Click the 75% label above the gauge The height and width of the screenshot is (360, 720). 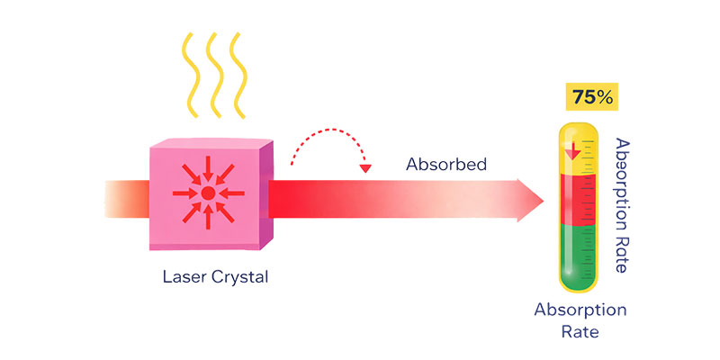tap(591, 96)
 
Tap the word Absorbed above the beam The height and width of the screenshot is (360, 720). tap(446, 164)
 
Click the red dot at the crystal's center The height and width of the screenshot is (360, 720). tap(208, 193)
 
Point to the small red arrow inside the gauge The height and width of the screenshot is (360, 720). tap(570, 150)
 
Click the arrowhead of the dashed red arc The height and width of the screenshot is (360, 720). tap(364, 168)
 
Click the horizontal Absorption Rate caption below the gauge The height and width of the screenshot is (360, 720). tap(580, 320)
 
